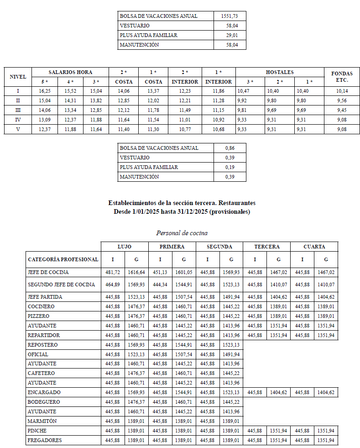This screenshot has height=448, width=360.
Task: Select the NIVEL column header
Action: click(18, 77)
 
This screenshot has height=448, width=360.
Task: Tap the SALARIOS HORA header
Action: click(70, 72)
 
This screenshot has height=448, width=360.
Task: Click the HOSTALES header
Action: click(280, 72)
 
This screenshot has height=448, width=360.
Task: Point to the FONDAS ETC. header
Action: click(339, 77)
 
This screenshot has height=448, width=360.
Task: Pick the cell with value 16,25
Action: click(44, 91)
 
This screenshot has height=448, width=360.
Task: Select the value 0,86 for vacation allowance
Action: click(230, 148)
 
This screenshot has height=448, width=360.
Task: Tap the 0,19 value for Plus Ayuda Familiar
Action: click(230, 167)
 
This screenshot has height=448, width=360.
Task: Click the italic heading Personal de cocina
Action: click(182, 233)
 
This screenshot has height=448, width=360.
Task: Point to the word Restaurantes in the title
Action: click(235, 203)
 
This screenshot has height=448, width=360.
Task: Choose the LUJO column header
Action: click(125, 247)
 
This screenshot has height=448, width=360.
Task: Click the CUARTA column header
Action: click(314, 247)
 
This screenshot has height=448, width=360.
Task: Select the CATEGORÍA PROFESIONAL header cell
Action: click(63, 259)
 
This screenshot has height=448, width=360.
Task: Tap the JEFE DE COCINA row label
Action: click(48, 272)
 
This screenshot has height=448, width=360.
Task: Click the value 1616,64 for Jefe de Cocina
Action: click(136, 272)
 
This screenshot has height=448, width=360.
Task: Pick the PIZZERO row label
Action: click(39, 316)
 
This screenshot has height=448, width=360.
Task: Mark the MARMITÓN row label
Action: click(42, 421)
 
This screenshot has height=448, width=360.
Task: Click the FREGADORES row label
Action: click(45, 440)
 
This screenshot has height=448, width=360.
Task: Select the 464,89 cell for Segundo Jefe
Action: click(113, 285)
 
